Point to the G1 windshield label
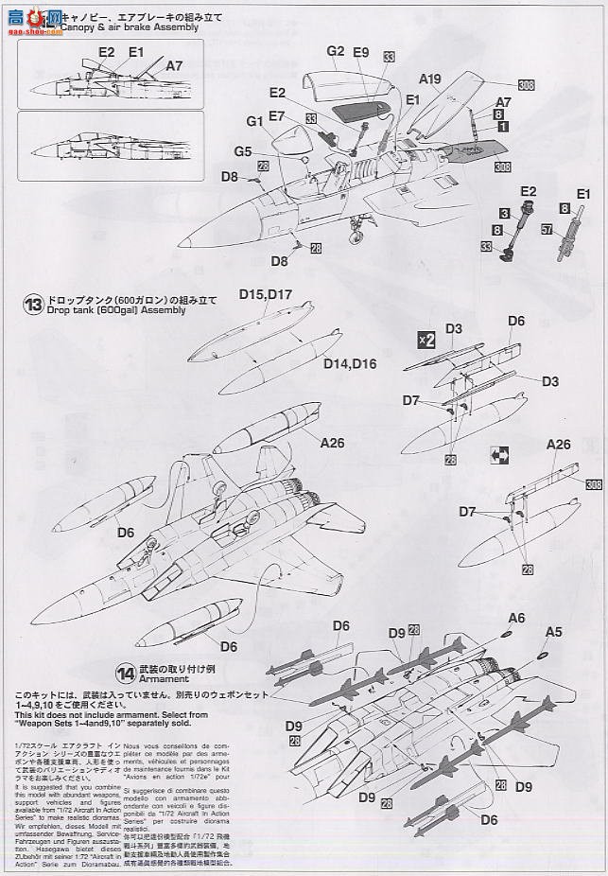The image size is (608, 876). coord(255,121)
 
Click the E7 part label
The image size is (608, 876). coord(277,114)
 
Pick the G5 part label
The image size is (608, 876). coord(244,150)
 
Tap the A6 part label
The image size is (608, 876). coord(542,617)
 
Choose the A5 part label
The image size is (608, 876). coord(553,632)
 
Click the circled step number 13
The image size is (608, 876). coord(34,305)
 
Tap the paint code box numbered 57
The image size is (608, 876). coord(547,229)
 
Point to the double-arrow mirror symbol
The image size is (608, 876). coord(500,455)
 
